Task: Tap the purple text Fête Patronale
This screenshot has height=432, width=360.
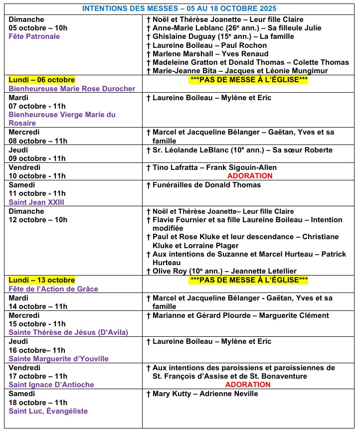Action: tap(34, 36)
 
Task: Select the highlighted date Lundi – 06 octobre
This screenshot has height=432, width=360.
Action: tap(41, 80)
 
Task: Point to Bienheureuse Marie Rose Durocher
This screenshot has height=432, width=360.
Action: tap(72, 89)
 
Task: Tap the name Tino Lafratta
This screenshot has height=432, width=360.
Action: tap(173, 167)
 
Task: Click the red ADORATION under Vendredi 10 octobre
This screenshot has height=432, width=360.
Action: tap(250, 176)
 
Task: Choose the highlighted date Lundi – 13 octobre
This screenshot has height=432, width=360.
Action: tap(41, 280)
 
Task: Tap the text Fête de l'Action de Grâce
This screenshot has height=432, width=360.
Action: tap(53, 289)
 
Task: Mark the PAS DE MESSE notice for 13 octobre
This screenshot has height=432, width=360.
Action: tap(249, 280)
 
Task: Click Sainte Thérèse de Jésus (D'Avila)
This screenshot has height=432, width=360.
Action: tap(68, 332)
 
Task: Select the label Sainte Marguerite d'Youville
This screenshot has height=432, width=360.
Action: tap(58, 359)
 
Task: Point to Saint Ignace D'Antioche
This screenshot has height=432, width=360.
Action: tap(51, 385)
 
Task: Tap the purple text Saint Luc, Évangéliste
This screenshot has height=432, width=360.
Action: tap(48, 411)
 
